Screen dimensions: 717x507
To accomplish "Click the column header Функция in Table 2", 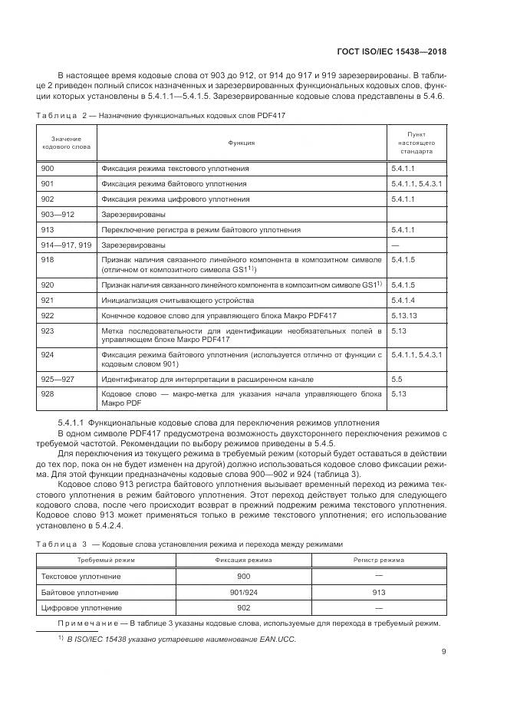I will [x=242, y=143].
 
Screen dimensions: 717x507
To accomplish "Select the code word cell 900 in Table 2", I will [x=48, y=168].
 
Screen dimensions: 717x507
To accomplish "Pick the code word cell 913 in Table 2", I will [x=48, y=230].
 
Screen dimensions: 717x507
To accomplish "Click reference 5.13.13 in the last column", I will [x=403, y=315].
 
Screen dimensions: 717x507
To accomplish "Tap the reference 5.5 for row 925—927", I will [x=397, y=378].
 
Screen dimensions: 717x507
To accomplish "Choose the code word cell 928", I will [x=48, y=393].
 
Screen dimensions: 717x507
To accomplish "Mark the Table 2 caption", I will [x=161, y=115].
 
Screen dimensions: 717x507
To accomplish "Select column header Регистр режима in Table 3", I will [x=379, y=561].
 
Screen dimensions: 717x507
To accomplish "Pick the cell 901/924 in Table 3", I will [x=244, y=592].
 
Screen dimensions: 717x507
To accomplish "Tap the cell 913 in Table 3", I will [x=379, y=592].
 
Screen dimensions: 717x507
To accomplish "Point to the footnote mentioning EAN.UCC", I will [x=173, y=639].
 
